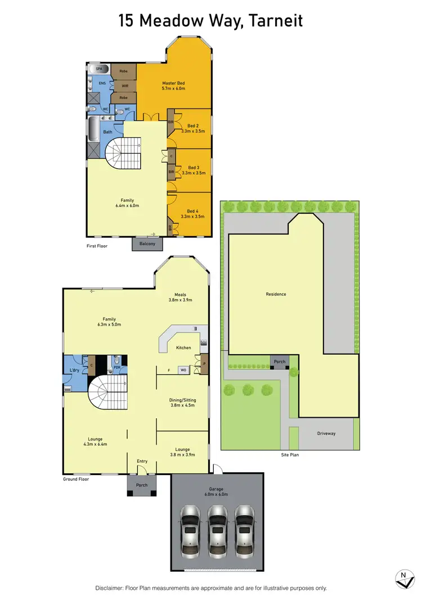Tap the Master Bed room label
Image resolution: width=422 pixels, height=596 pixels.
pos(173,83)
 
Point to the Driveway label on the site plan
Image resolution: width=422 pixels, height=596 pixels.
pos(326,434)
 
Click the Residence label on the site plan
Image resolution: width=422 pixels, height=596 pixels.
pos(276,294)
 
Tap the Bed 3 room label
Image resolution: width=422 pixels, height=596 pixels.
pos(194,168)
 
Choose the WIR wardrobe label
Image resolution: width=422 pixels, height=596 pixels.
pos(125,86)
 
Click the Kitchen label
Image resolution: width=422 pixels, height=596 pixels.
pos(183,347)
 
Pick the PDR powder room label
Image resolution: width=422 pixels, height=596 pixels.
pos(117,367)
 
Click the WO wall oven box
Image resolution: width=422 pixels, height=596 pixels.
pos(183,370)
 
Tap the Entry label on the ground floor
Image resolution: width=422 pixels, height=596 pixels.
pos(142,461)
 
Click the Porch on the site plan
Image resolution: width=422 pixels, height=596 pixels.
pos(279,362)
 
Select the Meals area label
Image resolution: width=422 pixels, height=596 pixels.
pos(180,295)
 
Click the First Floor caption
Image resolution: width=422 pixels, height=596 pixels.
pos(97,246)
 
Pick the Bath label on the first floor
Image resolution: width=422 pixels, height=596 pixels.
pos(107,132)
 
